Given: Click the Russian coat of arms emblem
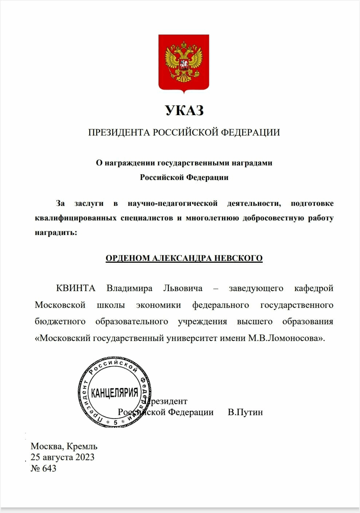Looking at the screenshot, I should pos(184,62).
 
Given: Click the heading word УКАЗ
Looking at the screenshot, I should pos(184,110).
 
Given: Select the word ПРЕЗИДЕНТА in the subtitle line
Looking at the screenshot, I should pos(119,132).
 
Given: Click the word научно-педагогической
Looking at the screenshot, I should pos(172,203).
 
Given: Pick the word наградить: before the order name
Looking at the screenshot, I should pos(56,232).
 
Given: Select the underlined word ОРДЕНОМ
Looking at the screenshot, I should pos(128,258).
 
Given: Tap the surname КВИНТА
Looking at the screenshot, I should pos(75,288).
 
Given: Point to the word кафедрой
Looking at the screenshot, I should pos(313,288).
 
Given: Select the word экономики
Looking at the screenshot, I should pos(159,305).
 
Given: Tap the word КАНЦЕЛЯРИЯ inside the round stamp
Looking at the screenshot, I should pos(114,392).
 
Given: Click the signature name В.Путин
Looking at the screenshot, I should pos(245,412).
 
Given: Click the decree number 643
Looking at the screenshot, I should pos(49,468).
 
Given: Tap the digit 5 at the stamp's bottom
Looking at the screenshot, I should pos(116,423).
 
